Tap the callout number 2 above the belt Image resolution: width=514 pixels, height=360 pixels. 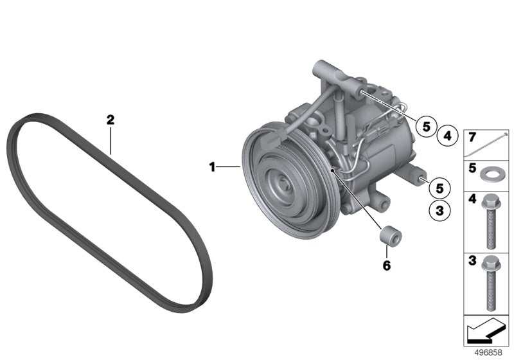coord(111,119)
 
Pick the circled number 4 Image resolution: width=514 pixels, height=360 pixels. coord(447,136)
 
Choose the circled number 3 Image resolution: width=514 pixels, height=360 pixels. coord(439,210)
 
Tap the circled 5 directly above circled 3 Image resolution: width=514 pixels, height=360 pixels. coord(439,188)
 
